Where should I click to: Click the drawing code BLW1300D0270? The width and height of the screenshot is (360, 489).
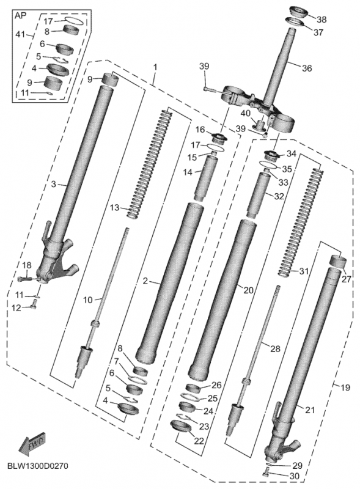[x=38, y=466]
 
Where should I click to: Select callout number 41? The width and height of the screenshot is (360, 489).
[x=20, y=35]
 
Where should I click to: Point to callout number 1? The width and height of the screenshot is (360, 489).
[x=155, y=66]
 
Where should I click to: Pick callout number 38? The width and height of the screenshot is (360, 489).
[x=321, y=20]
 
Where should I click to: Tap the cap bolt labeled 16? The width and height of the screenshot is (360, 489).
[x=218, y=136]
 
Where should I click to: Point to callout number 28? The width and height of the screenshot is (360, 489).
[x=275, y=348]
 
